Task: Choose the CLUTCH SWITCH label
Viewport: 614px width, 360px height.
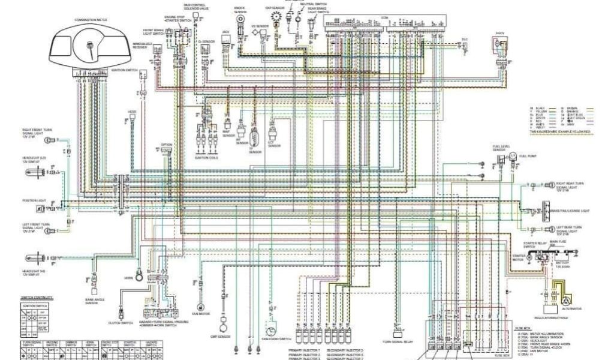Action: [121, 323]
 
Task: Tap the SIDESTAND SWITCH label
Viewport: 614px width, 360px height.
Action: [273, 339]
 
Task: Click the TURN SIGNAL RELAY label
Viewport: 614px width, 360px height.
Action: [396, 343]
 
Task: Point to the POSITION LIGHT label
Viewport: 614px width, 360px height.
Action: [34, 200]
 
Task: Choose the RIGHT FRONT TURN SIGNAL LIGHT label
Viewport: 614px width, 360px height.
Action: [36, 133]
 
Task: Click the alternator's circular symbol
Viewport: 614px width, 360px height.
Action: [566, 298]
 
